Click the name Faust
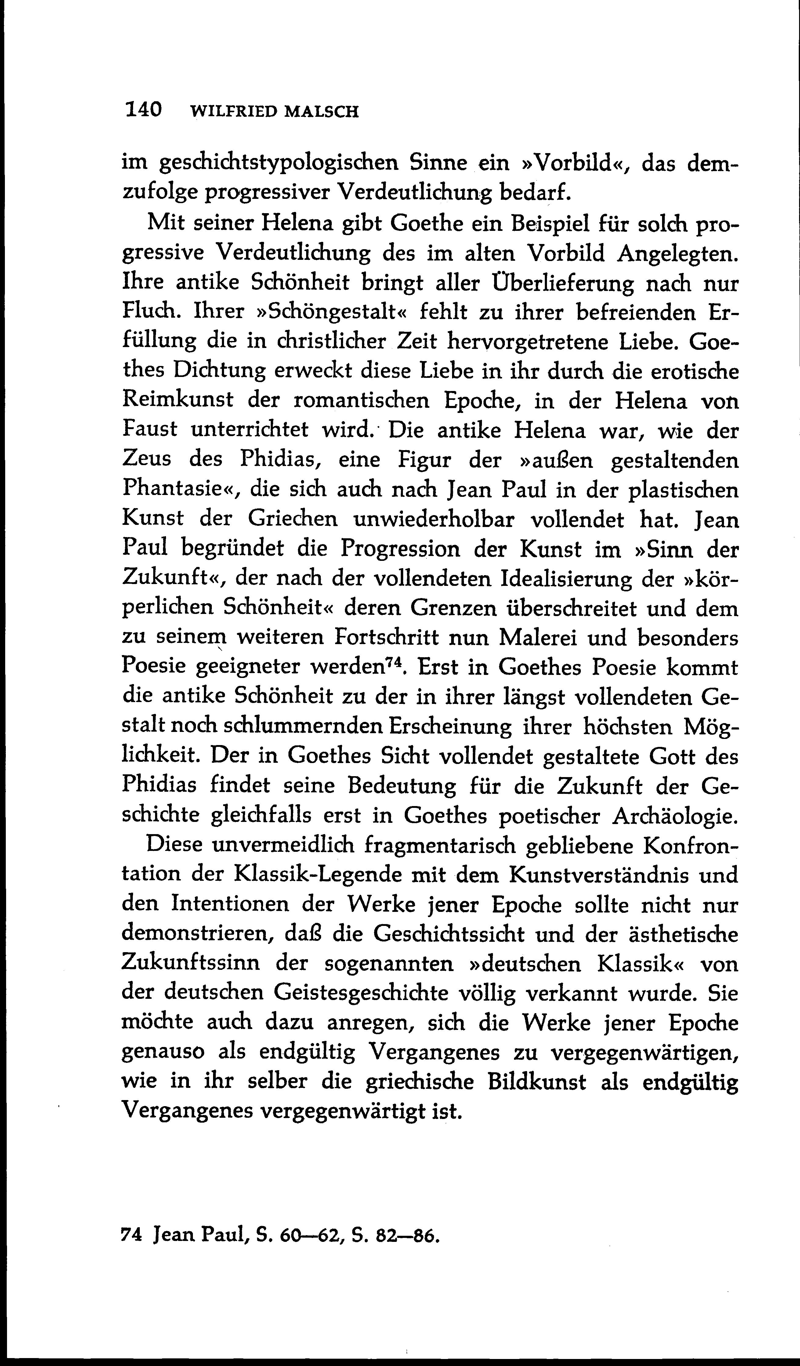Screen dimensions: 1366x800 [150, 429]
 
